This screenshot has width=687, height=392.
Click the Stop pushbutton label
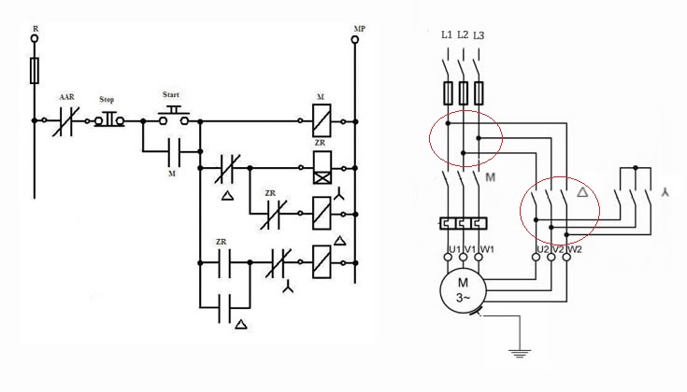(107, 99)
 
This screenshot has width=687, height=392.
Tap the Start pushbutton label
(171, 94)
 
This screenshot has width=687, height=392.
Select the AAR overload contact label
(67, 97)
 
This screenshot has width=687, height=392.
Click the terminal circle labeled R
(35, 38)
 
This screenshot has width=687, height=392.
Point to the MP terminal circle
(355, 40)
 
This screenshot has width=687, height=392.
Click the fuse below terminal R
(35, 70)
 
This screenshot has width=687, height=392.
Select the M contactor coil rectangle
(322, 120)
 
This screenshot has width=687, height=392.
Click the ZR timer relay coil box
(322, 168)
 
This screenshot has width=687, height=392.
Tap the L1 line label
(447, 35)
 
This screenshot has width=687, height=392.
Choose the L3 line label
(479, 35)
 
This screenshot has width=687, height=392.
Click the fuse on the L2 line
(463, 92)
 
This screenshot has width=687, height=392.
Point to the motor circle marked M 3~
(463, 290)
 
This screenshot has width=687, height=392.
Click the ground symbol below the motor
(520, 354)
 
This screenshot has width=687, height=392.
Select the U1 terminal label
(455, 249)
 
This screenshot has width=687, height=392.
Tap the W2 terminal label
(575, 249)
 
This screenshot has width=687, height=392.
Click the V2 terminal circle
(551, 257)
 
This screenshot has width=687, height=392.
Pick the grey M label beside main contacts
(491, 177)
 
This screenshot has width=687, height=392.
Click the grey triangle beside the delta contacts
(582, 191)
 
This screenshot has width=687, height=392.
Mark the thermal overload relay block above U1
(463, 224)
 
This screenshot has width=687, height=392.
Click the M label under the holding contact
(172, 174)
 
